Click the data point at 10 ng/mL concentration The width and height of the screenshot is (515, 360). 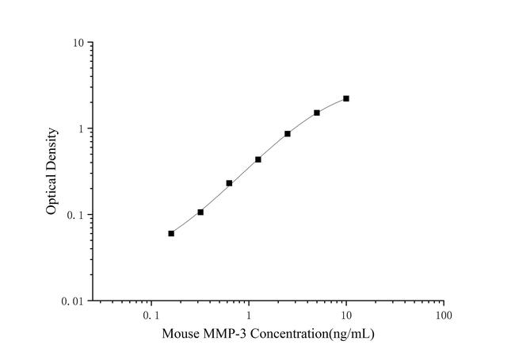pos(346,98)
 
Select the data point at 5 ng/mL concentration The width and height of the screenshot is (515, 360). pos(317,113)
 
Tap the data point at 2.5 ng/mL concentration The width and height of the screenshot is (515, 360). pos(288,134)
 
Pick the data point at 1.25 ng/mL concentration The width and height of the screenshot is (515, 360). pos(258,159)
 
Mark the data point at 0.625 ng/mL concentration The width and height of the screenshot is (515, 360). pos(229,183)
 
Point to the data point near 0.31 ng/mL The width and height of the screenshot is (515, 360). pos(200,212)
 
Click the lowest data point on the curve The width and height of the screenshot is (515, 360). pos(171,233)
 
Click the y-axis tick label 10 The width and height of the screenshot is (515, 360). pos(79,43)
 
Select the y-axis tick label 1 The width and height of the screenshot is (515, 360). pos(82,129)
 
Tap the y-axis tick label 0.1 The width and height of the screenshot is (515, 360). pos(77,216)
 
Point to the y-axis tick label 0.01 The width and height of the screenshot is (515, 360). pos(74,302)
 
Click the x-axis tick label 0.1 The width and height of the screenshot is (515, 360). pos(151,315)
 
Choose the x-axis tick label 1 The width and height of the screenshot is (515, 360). pos(249,315)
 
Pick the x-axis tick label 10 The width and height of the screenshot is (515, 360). pos(346,315)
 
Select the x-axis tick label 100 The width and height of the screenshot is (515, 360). pos(444,315)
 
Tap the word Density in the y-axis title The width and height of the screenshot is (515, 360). pos(51,148)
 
